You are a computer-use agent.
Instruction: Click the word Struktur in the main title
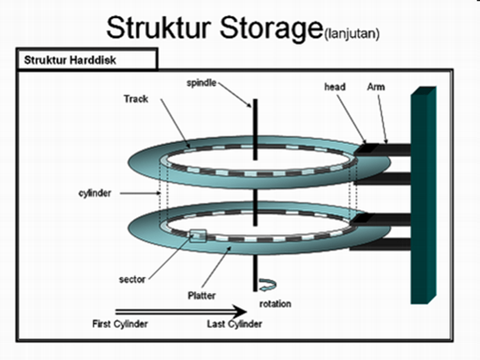click(156, 28)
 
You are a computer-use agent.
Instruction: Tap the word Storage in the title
click(264, 28)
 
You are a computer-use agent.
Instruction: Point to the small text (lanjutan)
click(352, 34)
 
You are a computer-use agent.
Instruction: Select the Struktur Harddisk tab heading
click(70, 60)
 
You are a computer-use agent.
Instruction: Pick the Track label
click(136, 99)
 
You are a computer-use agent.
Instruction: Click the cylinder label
click(95, 193)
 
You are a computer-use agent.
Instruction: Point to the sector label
click(132, 279)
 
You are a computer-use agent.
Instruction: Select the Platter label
click(202, 296)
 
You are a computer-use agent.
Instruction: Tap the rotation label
click(275, 304)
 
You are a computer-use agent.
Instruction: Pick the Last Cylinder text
click(235, 324)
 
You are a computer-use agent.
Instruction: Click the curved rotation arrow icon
click(266, 285)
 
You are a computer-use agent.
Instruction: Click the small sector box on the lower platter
click(197, 236)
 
